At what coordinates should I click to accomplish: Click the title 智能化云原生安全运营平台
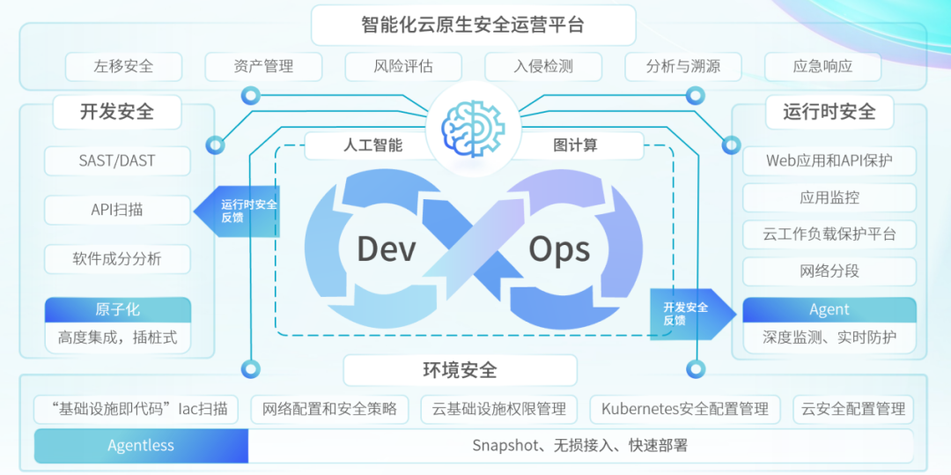pyautogui.click(x=473, y=25)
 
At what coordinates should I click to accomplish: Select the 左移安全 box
pyautogui.click(x=123, y=66)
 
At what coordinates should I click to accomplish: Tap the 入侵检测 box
pyautogui.click(x=543, y=66)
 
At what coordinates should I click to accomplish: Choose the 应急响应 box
pyautogui.click(x=822, y=66)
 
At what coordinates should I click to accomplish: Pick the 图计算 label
pyautogui.click(x=576, y=145)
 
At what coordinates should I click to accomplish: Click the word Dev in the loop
pyautogui.click(x=386, y=249)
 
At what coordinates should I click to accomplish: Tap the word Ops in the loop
pyautogui.click(x=559, y=249)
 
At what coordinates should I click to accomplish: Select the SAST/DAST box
pyautogui.click(x=117, y=160)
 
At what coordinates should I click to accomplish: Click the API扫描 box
pyautogui.click(x=117, y=210)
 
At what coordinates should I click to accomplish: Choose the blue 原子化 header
pyautogui.click(x=117, y=309)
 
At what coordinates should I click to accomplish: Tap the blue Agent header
pyautogui.click(x=829, y=310)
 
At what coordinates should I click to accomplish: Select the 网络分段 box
pyautogui.click(x=829, y=271)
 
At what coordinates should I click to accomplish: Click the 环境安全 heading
pyautogui.click(x=460, y=370)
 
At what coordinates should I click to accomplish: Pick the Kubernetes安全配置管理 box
pyautogui.click(x=684, y=409)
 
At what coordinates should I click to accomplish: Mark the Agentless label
pyautogui.click(x=141, y=446)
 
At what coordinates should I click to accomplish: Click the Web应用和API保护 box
pyautogui.click(x=829, y=161)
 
